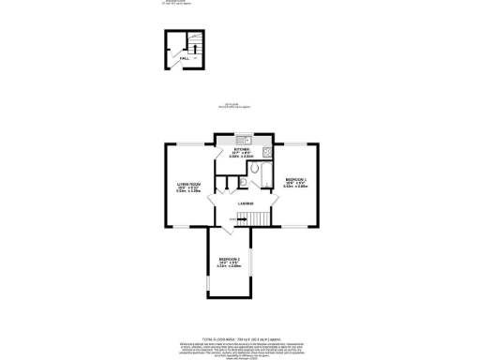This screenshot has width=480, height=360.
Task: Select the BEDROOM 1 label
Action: [295, 178]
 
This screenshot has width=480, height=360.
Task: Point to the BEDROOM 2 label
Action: [230, 258]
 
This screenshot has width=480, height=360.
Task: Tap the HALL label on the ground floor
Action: [186, 57]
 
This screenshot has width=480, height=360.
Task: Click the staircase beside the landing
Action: [252, 218]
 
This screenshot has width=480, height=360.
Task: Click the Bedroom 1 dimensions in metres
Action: [295, 187]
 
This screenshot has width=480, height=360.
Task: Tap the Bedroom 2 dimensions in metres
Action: [230, 266]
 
